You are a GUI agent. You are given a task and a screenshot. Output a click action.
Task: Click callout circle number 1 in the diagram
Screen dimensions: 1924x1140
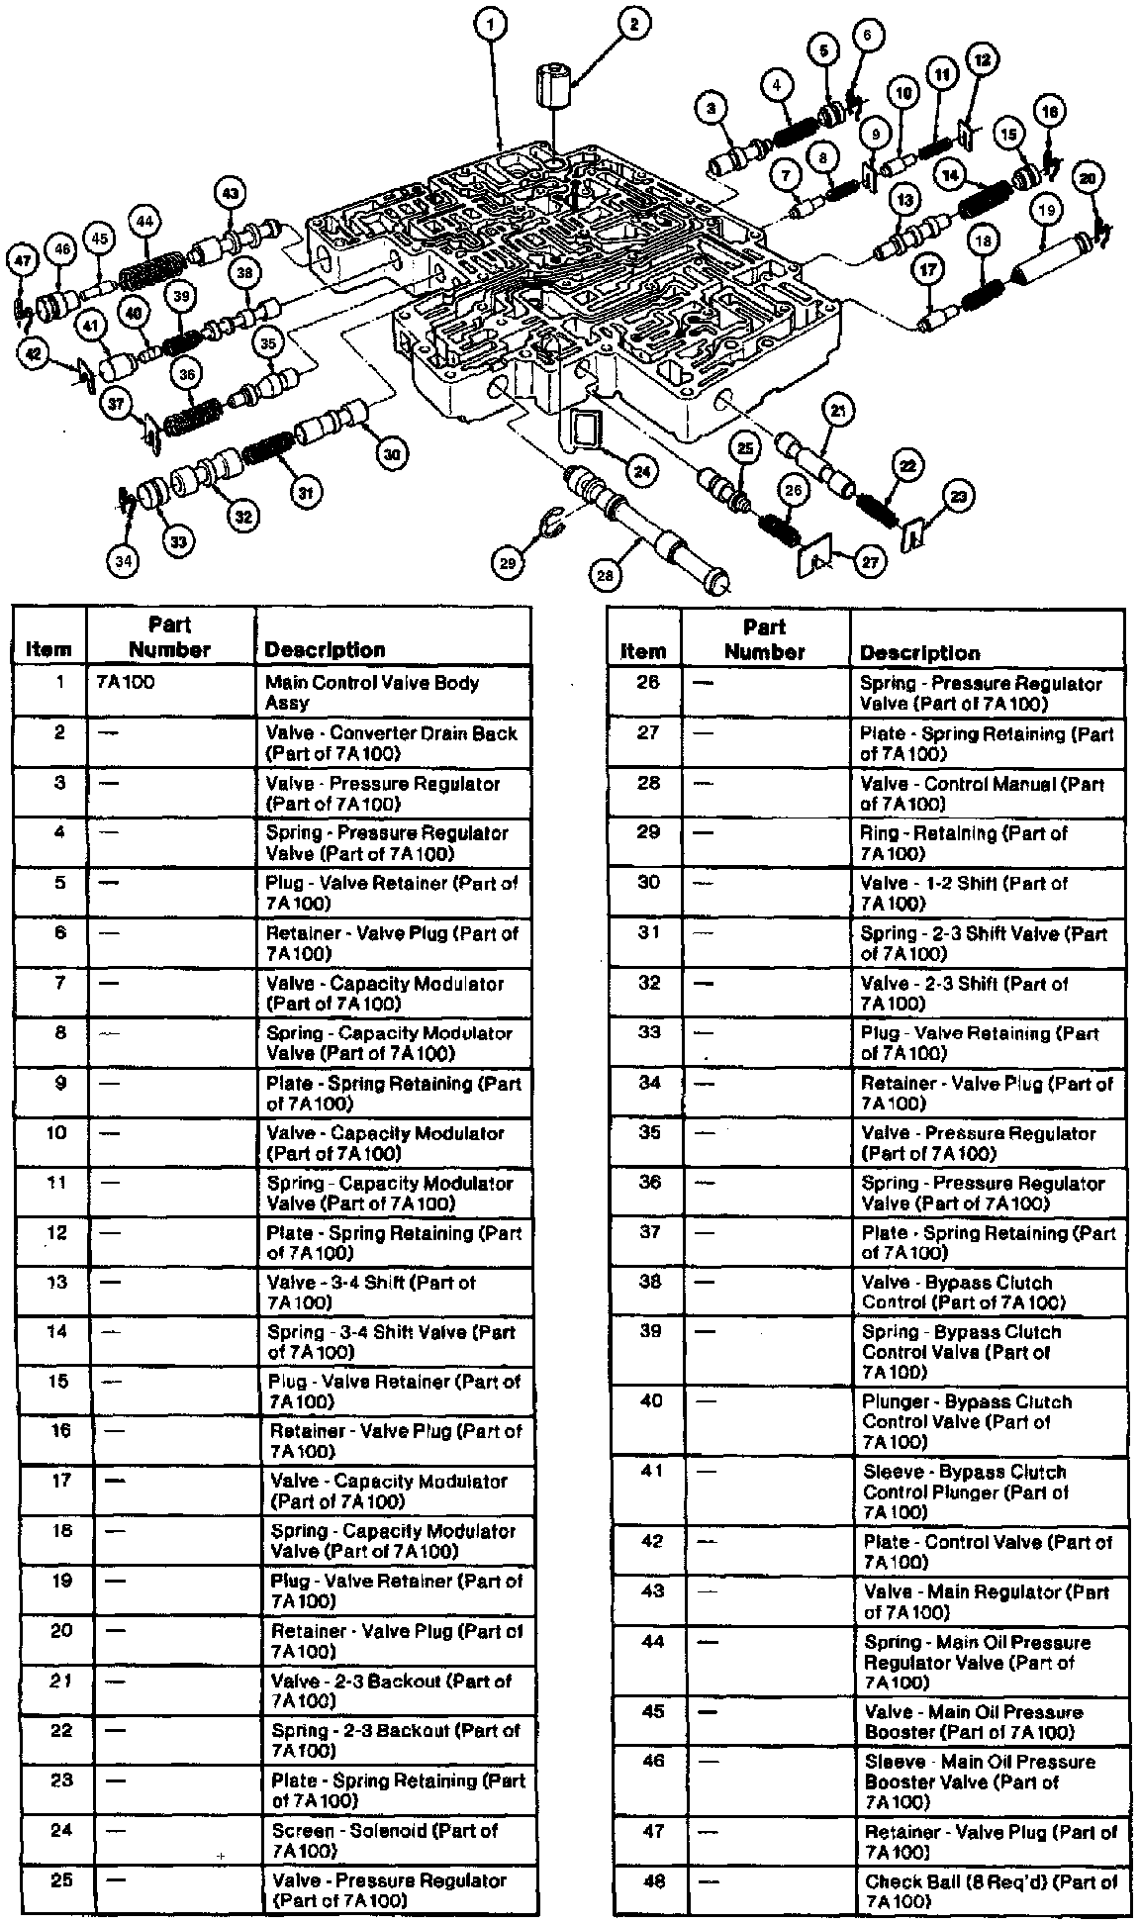click(x=492, y=22)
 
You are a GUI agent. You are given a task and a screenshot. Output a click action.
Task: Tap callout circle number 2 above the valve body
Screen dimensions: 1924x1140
click(x=634, y=22)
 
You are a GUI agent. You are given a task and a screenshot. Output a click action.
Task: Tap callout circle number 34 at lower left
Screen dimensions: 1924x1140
click(x=122, y=561)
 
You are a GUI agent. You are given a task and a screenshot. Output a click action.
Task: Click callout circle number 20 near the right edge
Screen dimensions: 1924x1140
click(x=1087, y=178)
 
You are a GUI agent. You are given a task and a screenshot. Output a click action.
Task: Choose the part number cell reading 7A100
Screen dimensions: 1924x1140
click(x=128, y=682)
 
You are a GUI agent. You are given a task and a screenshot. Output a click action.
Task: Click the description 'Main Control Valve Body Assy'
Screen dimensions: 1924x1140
click(x=372, y=692)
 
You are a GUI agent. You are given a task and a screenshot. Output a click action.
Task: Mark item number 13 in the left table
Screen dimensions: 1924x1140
click(x=58, y=1283)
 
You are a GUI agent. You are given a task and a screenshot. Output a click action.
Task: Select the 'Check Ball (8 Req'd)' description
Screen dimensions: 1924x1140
click(x=990, y=1891)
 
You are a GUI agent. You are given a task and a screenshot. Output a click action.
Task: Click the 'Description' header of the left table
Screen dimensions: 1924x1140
click(x=324, y=650)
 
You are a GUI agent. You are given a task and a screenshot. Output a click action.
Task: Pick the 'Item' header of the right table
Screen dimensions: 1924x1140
click(x=642, y=651)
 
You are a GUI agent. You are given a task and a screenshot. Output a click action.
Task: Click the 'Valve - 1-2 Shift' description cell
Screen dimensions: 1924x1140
click(x=965, y=893)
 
